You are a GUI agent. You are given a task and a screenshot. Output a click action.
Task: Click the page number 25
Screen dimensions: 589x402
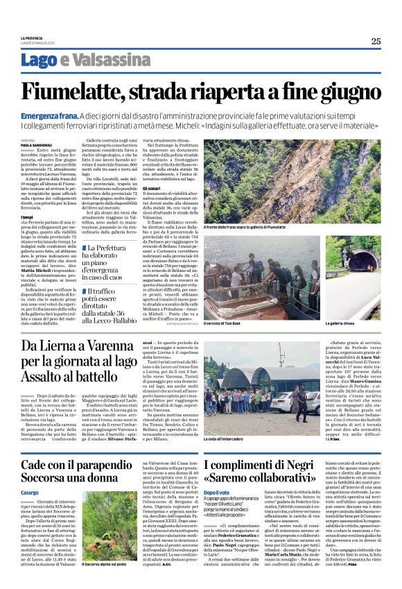(376, 41)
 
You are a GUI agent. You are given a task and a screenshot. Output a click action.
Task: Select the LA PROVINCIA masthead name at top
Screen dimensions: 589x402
(32, 37)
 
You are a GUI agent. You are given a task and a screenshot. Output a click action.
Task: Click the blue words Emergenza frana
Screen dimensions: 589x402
(49, 115)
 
